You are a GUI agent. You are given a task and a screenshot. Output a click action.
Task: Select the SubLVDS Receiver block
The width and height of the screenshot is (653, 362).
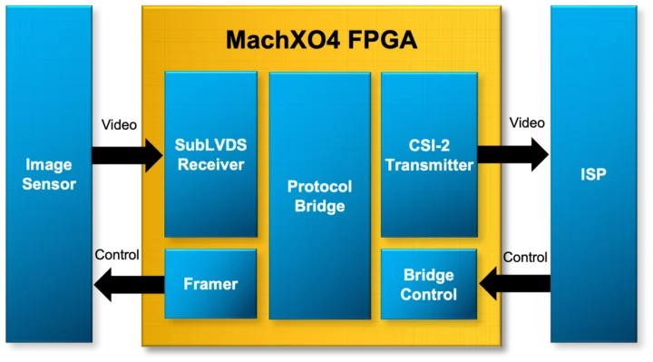210,153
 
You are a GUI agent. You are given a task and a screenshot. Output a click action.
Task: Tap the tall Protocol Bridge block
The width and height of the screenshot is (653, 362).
319,196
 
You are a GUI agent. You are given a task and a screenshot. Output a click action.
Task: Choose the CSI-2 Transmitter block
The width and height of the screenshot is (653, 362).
429,153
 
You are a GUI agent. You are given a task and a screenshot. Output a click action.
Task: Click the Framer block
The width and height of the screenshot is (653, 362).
210,284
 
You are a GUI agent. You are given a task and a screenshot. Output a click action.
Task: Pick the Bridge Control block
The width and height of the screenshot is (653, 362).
429,284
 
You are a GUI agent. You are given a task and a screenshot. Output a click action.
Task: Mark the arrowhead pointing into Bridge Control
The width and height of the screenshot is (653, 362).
489,284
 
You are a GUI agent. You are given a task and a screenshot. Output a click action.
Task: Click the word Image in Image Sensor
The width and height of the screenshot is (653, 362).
49,165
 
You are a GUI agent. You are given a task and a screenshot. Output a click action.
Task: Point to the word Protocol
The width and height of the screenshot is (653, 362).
319,187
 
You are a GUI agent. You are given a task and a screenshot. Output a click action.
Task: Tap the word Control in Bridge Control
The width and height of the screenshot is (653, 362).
429,294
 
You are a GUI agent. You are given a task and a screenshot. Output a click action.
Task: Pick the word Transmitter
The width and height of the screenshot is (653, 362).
429,165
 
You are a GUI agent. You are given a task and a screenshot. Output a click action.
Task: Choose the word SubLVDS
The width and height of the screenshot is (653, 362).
210,145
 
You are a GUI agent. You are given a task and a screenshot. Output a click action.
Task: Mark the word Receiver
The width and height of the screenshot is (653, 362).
210,164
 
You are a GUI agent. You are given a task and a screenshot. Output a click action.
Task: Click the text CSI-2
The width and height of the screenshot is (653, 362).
429,145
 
